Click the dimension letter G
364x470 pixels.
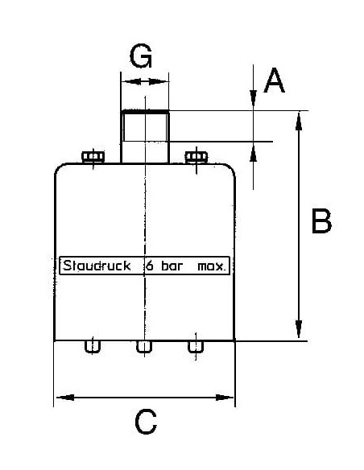pos(141,56)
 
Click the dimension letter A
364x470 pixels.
pos(274,80)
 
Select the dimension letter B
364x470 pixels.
pos(321,221)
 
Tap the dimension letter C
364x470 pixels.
pos(146,422)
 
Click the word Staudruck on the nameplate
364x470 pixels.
pos(97,266)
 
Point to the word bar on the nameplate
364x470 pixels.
pos(172,266)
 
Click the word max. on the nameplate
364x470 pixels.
pos(211,266)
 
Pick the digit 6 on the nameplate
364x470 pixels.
pos(150,266)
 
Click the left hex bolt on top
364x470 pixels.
pos(93,157)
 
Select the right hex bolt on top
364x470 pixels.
pos(196,157)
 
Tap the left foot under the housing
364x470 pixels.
pos(93,347)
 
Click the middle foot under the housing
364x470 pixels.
pos(144,347)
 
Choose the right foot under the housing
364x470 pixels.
pos(196,347)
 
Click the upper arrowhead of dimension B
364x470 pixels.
pos(299,121)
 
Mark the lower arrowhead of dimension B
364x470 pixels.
pos(299,330)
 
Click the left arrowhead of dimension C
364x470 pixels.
pos(65,398)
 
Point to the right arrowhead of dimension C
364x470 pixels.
pos(224,398)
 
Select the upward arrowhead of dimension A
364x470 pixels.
pos(254,152)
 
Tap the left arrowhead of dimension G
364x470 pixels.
pos(131,81)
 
